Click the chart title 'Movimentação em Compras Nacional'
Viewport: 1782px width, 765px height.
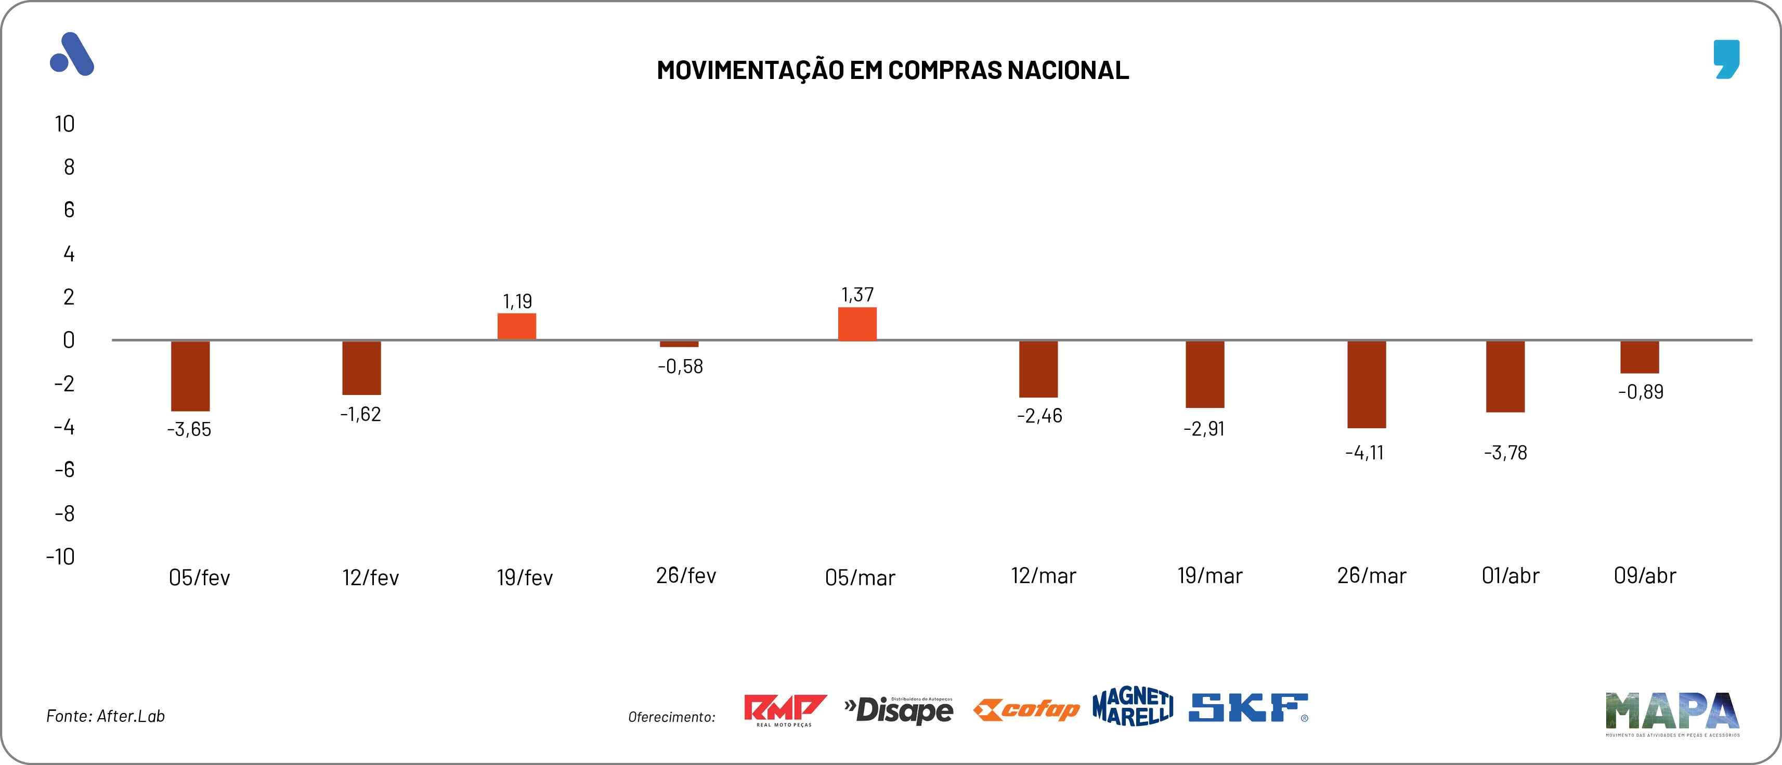[892, 70]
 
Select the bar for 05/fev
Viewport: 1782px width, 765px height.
[190, 376]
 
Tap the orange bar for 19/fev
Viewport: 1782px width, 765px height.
[517, 326]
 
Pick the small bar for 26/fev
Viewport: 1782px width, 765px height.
[679, 344]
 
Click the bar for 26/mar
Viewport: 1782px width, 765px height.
[1366, 384]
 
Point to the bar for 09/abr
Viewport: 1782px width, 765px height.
[1639, 357]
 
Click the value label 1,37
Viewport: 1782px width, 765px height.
[857, 295]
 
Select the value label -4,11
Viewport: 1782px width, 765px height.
[1364, 453]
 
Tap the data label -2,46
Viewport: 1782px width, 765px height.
[1039, 416]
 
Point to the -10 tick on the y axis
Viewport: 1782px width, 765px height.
[61, 557]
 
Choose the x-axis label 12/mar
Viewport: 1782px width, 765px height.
[1043, 575]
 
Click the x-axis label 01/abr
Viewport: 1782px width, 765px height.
[1510, 575]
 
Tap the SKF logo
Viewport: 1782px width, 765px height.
[1248, 708]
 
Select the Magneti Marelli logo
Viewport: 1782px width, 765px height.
[1133, 707]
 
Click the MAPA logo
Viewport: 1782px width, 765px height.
[1672, 713]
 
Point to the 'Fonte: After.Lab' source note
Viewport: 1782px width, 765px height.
[105, 716]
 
